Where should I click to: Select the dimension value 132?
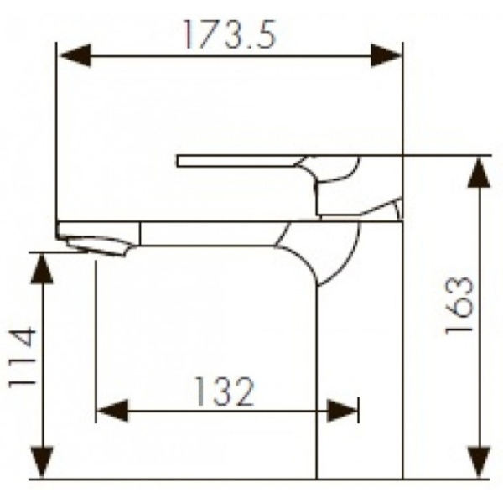(x=224, y=391)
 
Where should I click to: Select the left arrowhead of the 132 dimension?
(x=111, y=411)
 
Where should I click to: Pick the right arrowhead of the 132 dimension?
(x=343, y=411)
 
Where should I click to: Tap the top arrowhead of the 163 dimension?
(x=478, y=173)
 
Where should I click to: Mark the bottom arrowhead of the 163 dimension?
(x=478, y=462)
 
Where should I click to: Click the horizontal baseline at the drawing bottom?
(x=251, y=480)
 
